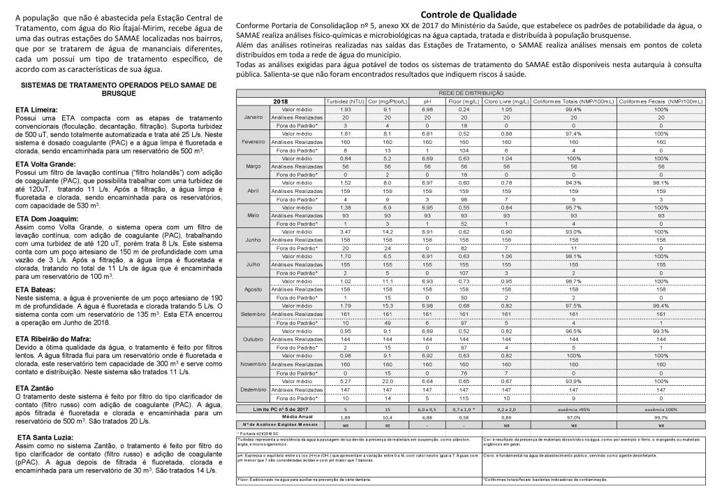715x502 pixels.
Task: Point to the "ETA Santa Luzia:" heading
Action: [x=43, y=437]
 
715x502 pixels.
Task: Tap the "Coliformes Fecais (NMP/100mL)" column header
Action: [x=661, y=102]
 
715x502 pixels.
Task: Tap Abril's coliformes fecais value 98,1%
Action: [x=661, y=182]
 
